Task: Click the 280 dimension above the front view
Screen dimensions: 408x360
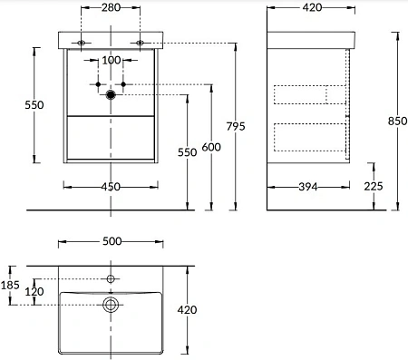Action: pos(111,7)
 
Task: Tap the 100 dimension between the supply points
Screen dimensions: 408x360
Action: pos(112,60)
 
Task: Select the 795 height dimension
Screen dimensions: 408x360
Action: pos(236,126)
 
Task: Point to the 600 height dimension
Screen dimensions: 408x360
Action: pos(211,147)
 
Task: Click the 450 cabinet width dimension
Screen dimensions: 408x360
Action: pos(111,187)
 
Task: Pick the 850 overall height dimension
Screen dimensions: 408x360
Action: pos(398,121)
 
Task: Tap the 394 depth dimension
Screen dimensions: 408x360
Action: pos(308,187)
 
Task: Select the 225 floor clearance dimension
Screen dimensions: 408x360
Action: pos(374,186)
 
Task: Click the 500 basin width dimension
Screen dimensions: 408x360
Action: pos(112,241)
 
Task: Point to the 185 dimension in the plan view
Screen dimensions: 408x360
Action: pos(10,285)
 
